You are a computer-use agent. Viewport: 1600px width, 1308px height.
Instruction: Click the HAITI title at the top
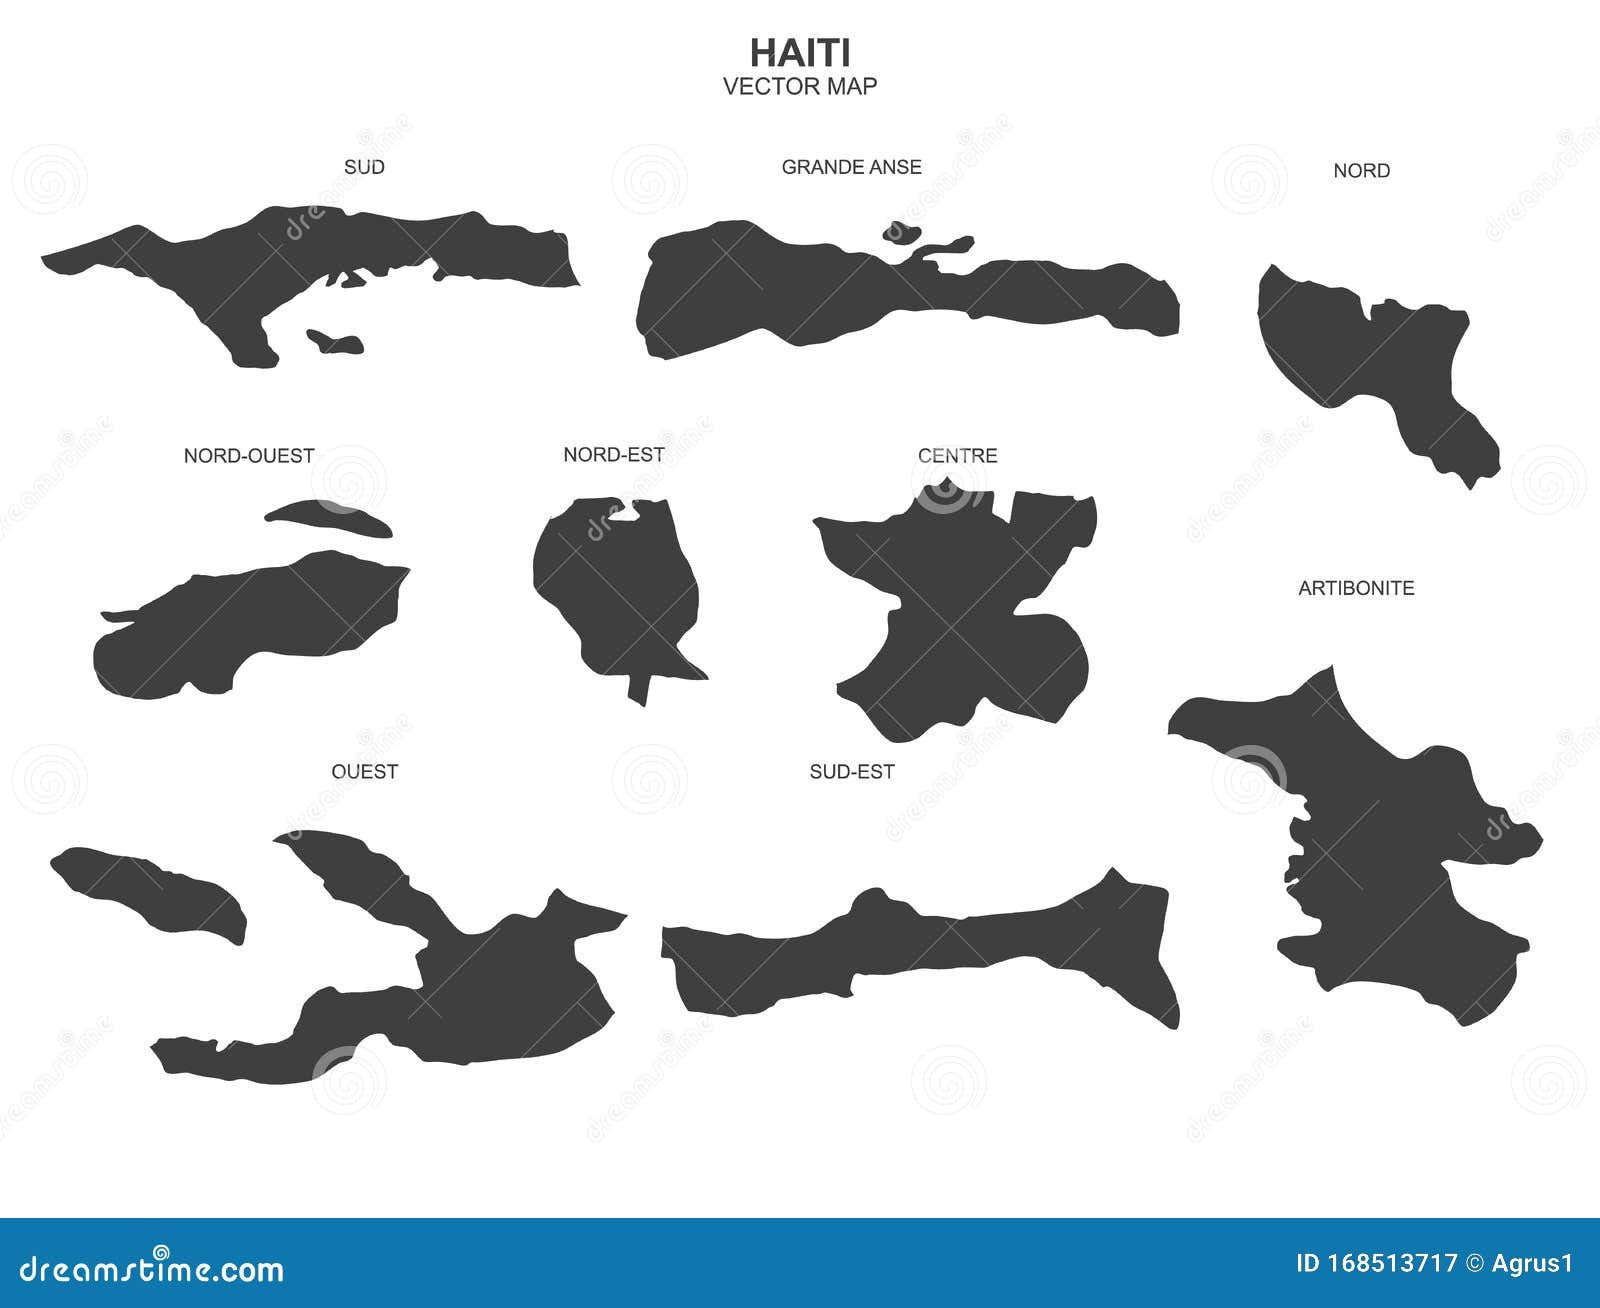click(x=800, y=53)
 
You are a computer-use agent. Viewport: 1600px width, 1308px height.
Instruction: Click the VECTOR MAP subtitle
click(x=800, y=86)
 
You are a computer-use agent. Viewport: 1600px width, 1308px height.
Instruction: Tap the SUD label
click(x=364, y=167)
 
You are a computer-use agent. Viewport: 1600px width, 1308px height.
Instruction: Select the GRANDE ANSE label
click(x=851, y=167)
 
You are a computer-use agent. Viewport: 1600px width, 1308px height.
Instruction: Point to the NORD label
click(x=1361, y=171)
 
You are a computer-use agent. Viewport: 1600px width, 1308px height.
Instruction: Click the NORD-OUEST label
click(x=249, y=456)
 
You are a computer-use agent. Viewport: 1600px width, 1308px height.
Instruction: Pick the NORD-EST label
click(x=614, y=455)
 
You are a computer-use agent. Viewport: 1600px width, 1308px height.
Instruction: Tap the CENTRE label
click(x=957, y=456)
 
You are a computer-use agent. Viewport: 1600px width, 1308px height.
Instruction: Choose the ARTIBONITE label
click(x=1356, y=588)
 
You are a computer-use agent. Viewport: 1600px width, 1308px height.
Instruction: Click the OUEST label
click(x=364, y=771)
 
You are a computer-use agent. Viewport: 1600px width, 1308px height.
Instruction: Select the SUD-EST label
click(x=852, y=771)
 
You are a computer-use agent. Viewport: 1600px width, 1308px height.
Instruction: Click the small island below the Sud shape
click(x=334, y=341)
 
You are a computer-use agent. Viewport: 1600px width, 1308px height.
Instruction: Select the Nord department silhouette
click(x=1370, y=360)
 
